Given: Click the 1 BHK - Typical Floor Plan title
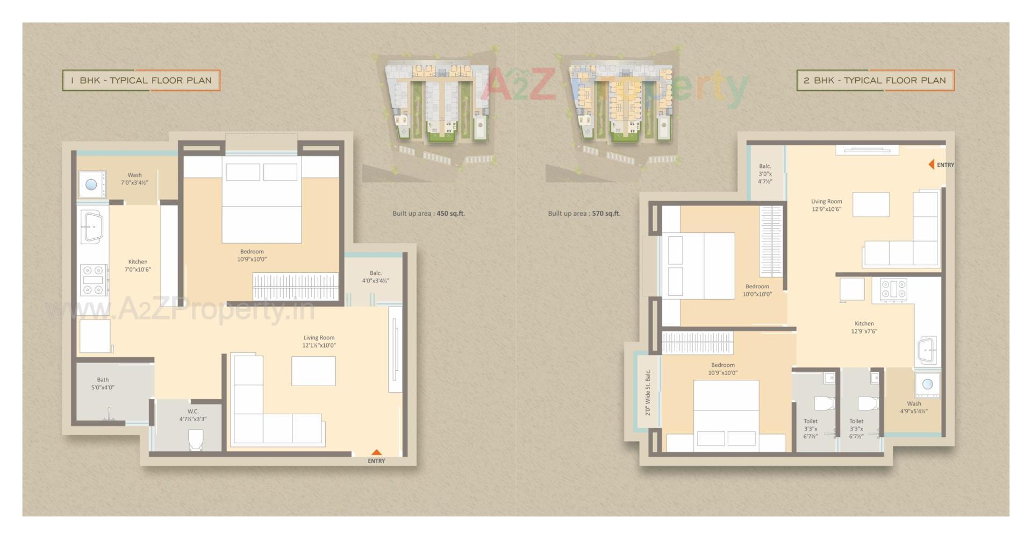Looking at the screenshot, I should pos(141,81).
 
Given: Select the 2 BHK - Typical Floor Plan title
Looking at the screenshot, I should pos(875,81).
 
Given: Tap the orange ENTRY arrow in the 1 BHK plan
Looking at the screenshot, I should pos(377,452).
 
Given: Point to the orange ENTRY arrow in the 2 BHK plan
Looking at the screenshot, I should pos(931,165).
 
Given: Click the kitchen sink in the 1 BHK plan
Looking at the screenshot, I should pos(93,226).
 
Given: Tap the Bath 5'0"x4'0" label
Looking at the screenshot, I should pos(103,384).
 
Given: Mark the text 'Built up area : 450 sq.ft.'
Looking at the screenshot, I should pos(428,214).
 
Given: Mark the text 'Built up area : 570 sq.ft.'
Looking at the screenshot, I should pos(584,214).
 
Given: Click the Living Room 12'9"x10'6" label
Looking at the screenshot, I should pos(826,205).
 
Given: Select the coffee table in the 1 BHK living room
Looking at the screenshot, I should pos(313,371).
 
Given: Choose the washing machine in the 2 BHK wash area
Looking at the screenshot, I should pos(927,384).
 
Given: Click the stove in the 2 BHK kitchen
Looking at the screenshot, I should pos(893,289).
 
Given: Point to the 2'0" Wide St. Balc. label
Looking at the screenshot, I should pos(648,392).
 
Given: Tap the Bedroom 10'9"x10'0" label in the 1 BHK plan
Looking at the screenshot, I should pos(252,255).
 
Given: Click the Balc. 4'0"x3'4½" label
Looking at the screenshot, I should pos(375,276).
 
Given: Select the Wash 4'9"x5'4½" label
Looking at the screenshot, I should pos(914,407).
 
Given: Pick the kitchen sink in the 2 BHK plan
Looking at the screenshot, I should pos(928,350).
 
